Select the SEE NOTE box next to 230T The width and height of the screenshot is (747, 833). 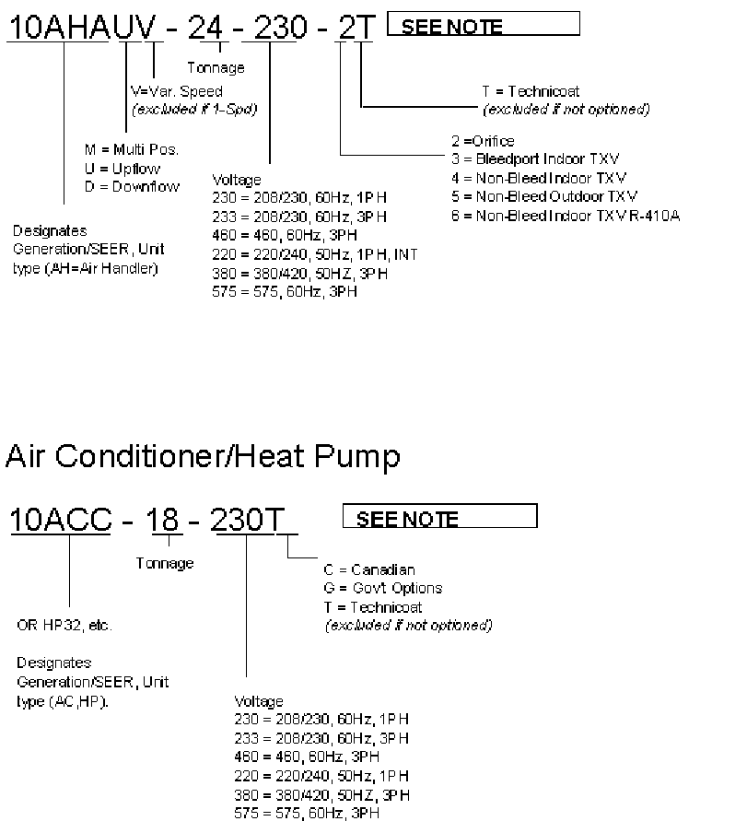[x=439, y=518]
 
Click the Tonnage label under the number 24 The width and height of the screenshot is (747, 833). [x=216, y=67]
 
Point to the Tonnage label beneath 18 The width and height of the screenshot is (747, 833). [x=165, y=563]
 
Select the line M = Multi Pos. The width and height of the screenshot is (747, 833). [x=131, y=150]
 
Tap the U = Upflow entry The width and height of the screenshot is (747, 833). [x=122, y=169]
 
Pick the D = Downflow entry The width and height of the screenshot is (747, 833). [x=132, y=186]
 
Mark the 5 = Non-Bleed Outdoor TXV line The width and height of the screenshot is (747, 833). [x=543, y=196]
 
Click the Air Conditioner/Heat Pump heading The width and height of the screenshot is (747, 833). [x=203, y=456]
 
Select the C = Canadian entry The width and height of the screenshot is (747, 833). [x=369, y=570]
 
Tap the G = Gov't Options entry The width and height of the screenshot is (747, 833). [x=383, y=588]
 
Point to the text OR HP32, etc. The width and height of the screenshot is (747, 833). [x=64, y=626]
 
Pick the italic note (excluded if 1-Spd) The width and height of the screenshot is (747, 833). [x=194, y=109]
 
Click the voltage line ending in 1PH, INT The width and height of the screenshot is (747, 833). [x=314, y=254]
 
